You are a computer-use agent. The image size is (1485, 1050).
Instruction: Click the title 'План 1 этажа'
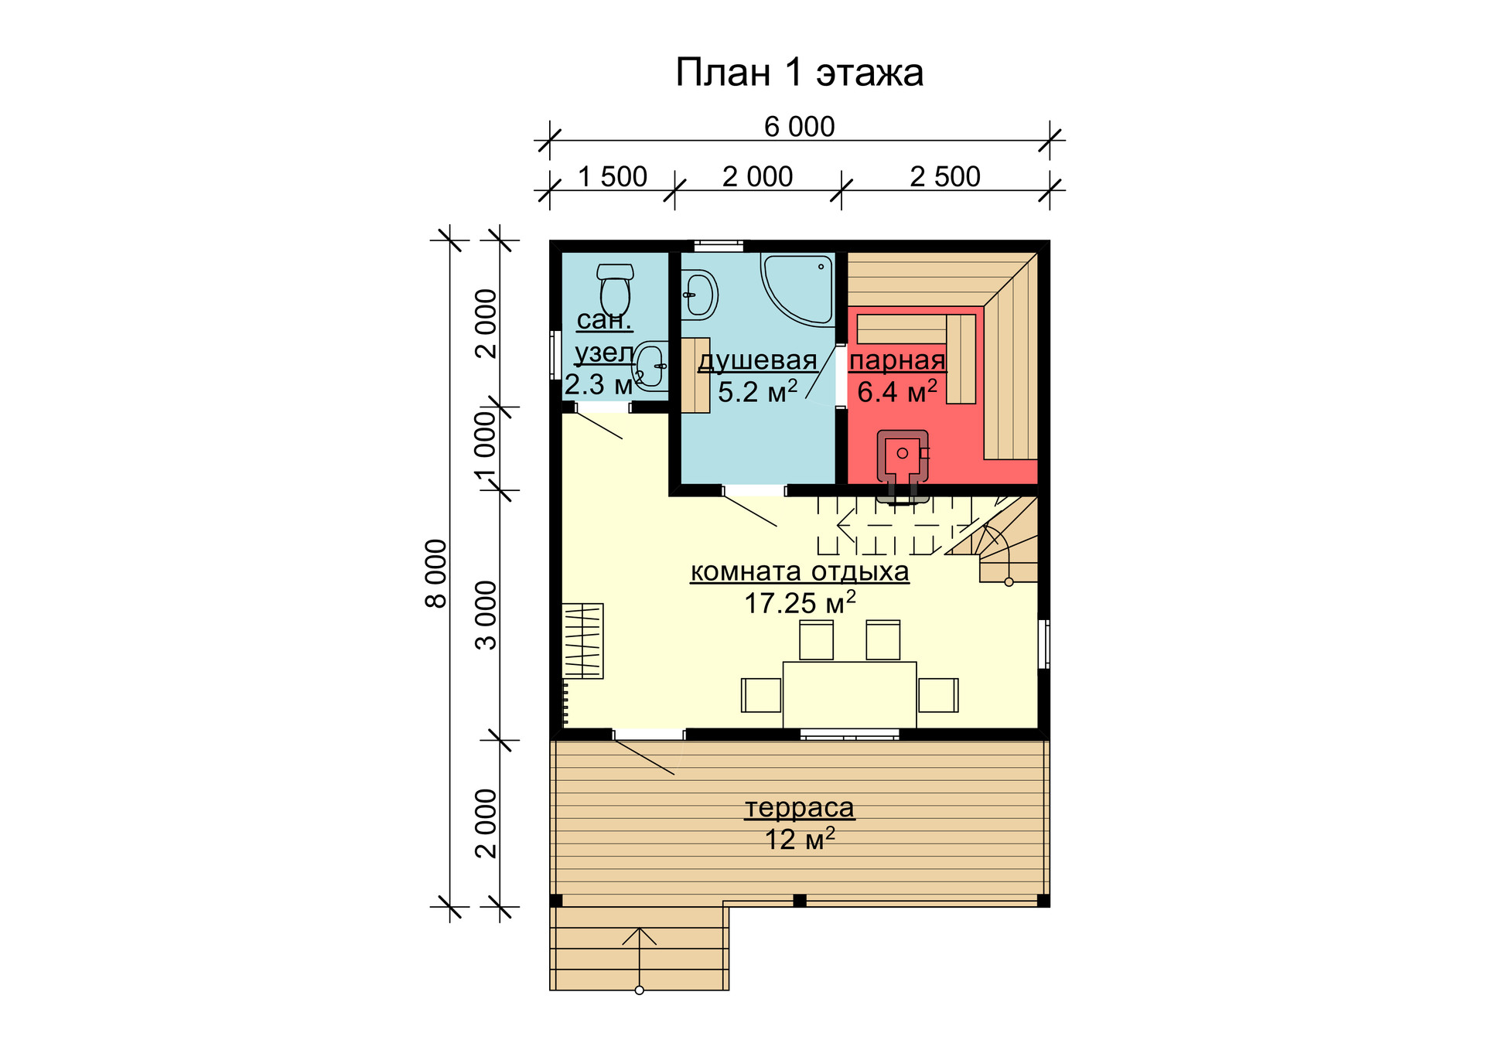point(799,73)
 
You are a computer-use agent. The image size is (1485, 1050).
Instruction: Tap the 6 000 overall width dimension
point(799,127)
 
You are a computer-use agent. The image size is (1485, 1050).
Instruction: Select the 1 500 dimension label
point(613,177)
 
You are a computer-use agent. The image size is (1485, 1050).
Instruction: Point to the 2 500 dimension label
point(945,177)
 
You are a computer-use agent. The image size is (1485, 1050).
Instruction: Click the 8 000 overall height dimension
point(437,573)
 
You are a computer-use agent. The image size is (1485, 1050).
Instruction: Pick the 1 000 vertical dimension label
point(486,449)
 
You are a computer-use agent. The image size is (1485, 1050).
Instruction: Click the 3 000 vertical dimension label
point(486,615)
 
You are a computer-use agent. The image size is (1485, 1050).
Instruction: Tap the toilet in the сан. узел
point(616,291)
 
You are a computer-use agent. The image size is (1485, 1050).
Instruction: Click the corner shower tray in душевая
point(798,288)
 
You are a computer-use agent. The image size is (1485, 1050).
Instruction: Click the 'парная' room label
point(897,360)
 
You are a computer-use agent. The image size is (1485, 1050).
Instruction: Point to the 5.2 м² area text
point(757,391)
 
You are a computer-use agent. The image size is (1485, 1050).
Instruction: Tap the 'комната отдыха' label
point(800,571)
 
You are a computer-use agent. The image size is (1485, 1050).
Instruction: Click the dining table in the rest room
point(849,695)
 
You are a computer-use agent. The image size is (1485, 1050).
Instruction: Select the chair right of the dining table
point(938,695)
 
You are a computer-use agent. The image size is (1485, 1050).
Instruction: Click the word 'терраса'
point(800,808)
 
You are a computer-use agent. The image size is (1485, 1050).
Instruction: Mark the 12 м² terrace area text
point(800,839)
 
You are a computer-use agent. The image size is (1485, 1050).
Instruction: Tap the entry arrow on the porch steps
point(639,959)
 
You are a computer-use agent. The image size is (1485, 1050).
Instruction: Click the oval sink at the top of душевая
point(700,295)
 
